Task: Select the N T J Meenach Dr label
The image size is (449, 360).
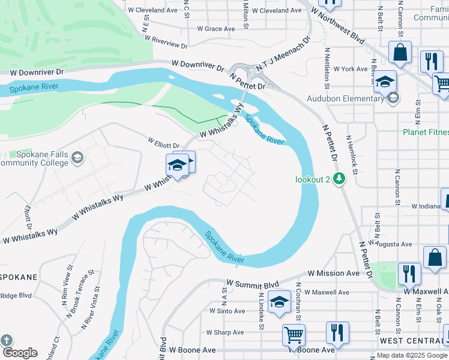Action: point(283,56)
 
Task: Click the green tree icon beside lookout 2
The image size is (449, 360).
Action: point(339,179)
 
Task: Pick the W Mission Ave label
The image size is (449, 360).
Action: point(334,273)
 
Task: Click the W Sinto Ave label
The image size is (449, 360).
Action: point(228,311)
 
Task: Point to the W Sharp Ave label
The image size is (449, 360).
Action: point(225,332)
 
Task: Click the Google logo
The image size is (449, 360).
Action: point(20,353)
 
